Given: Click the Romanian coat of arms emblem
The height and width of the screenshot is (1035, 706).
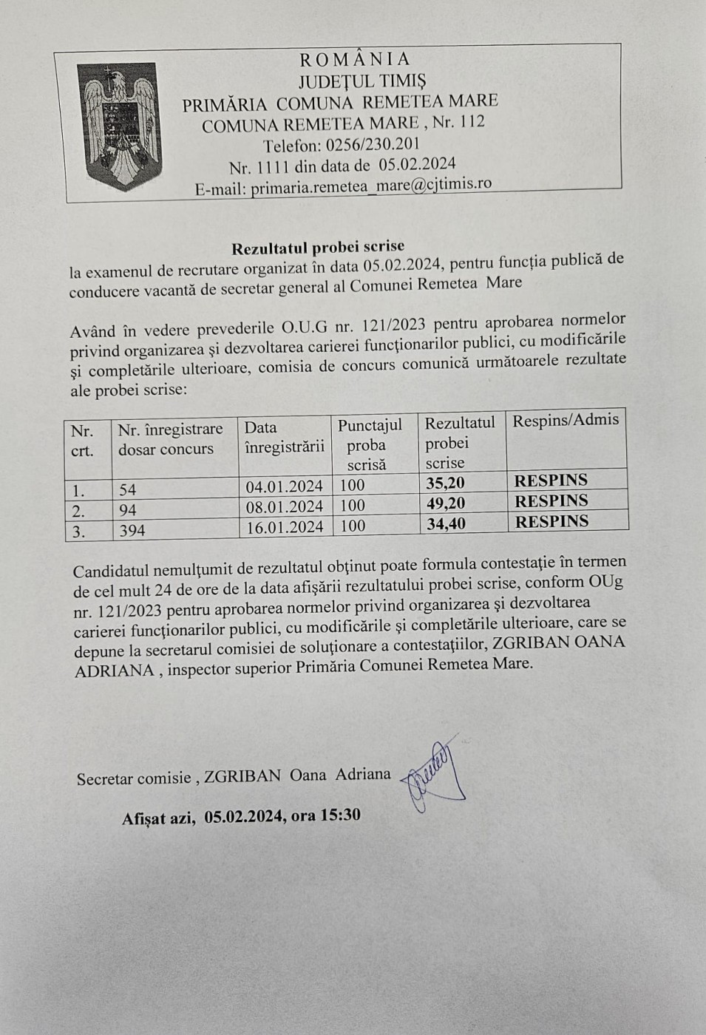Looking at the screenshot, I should click(121, 123).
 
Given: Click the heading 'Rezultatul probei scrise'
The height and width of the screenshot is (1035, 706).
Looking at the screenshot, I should click(318, 246).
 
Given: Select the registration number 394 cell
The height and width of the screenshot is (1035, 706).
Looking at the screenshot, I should click(132, 530).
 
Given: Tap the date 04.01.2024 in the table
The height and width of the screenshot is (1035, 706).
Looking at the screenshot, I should click(285, 486).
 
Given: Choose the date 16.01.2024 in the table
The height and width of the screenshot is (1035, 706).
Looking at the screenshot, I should click(285, 526).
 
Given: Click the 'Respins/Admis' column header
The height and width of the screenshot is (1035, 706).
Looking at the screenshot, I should click(566, 421).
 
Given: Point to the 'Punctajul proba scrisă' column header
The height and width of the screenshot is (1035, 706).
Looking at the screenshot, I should click(370, 444).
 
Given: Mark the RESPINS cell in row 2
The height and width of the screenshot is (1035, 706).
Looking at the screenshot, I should click(551, 501).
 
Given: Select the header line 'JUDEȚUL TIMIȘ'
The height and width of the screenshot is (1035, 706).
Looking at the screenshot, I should click(362, 80).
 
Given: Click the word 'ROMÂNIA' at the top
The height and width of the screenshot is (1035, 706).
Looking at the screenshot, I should click(354, 59).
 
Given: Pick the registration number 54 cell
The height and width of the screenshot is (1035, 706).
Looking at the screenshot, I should click(128, 489).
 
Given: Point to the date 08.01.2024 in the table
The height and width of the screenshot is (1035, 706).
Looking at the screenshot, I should click(285, 506).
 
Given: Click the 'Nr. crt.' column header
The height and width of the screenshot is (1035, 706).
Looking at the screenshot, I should click(82, 440).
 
